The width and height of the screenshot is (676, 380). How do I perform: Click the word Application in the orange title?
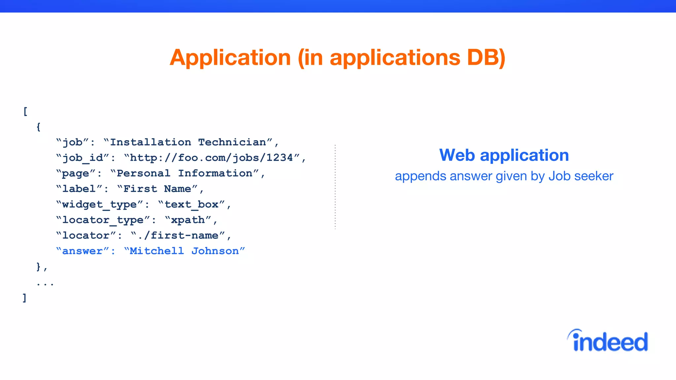point(230,58)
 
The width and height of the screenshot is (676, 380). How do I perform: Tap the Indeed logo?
point(608,341)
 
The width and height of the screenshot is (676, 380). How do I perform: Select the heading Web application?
point(504,155)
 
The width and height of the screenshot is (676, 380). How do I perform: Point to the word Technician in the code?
point(232,142)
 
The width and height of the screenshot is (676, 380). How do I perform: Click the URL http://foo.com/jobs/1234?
point(211,158)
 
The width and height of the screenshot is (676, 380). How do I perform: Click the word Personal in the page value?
point(144,173)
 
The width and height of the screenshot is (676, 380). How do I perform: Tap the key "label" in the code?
point(79,189)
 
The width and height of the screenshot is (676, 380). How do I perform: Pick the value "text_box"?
point(191,205)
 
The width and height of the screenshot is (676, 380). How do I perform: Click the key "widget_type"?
point(99,205)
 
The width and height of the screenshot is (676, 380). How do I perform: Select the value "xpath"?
point(188,220)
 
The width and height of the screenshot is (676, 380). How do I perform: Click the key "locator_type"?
point(103,220)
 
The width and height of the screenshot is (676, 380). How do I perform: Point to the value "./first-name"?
point(178,236)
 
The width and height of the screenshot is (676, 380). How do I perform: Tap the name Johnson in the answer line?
point(215,251)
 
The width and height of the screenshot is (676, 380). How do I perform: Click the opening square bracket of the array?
point(25,111)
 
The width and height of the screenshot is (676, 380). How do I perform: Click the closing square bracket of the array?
point(24,298)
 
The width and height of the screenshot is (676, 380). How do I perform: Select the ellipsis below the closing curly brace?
point(45,283)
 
